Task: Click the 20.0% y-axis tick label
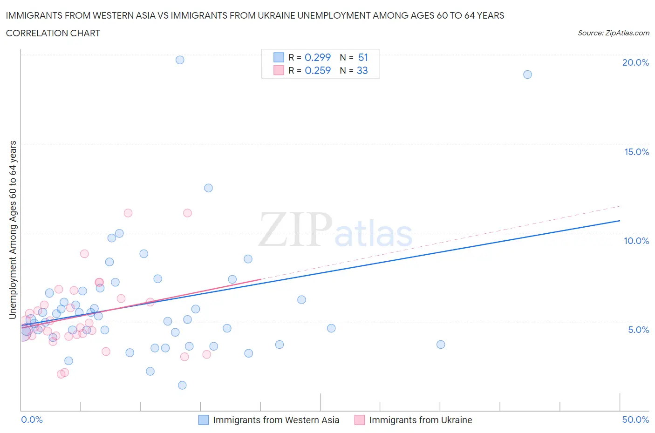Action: pos(635,62)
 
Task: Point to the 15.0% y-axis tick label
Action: pos(636,152)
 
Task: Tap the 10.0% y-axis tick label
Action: pos(636,241)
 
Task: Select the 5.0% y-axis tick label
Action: pos(638,330)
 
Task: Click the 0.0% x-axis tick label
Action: pos(32,419)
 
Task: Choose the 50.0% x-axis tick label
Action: pos(635,419)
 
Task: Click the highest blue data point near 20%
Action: pos(180,60)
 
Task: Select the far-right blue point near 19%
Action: pos(527,74)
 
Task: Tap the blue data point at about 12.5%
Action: pos(208,188)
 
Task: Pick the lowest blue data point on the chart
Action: pos(182,385)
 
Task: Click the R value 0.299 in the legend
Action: pos(318,57)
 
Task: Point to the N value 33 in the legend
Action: pos(362,70)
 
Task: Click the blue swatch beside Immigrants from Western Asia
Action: pos(204,420)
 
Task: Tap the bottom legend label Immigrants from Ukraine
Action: pos(420,420)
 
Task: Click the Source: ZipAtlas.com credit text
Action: pos(613,33)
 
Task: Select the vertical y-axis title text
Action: pos(13,230)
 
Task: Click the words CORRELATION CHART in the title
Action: pos(53,33)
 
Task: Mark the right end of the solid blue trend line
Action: pos(620,221)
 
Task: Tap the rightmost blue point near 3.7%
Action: pos(441,345)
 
